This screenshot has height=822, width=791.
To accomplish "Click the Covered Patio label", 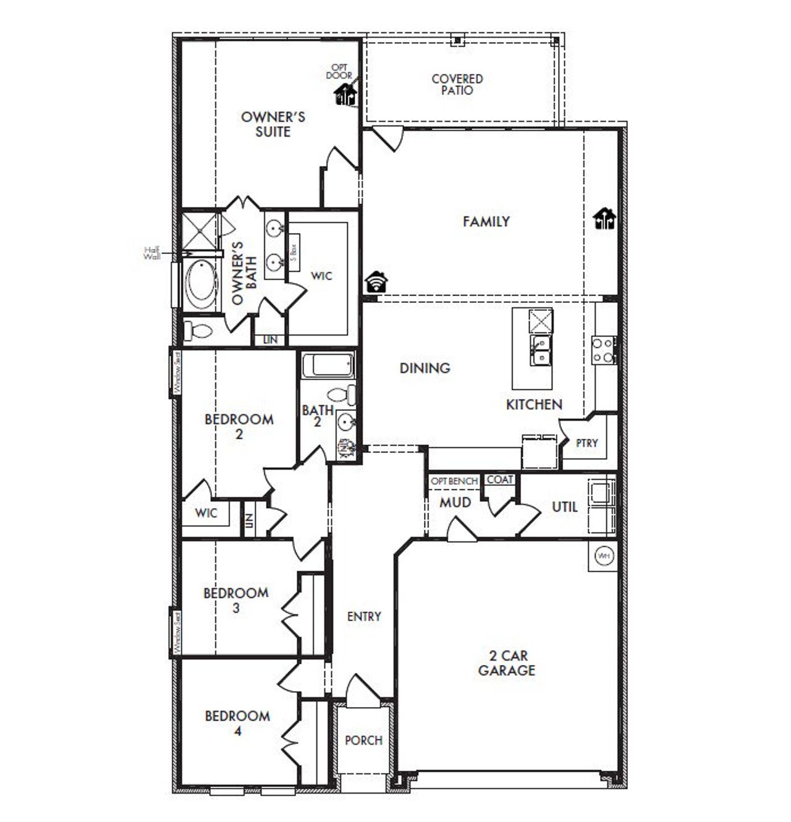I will [457, 85].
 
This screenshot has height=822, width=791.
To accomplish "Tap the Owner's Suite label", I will [273, 124].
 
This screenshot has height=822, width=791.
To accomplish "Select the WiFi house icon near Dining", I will [376, 282].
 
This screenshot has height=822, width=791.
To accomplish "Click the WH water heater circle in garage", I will [604, 556].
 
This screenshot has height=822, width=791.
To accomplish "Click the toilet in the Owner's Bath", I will [199, 331].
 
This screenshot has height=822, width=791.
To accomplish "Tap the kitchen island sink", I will [541, 350].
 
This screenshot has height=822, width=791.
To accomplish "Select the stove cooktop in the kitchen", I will [603, 349].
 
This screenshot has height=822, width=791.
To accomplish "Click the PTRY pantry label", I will [586, 443].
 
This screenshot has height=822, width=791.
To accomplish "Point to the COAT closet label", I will [500, 480].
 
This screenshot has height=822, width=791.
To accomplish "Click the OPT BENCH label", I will [454, 481].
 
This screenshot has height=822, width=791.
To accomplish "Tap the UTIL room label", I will [564, 507].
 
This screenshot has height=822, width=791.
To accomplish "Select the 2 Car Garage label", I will [506, 663].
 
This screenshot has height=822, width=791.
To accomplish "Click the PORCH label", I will [363, 740].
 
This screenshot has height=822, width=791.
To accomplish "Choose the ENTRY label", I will [364, 616].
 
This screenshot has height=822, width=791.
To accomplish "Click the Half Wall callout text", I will [152, 253].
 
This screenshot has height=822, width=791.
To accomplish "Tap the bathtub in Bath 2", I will [328, 365].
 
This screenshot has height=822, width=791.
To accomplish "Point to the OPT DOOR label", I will [339, 71].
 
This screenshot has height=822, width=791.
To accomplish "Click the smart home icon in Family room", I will [604, 219].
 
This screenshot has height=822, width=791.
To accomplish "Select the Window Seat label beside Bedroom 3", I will [176, 632].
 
